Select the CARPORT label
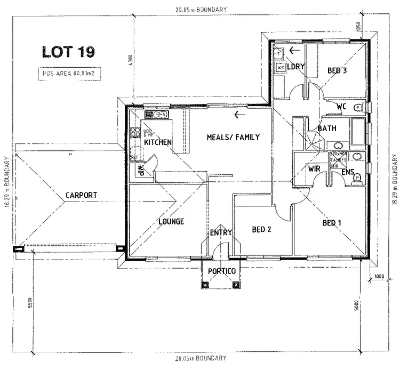pos(81,196)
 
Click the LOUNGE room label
pos(171,221)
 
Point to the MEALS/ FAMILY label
pos(233,138)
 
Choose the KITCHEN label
pos(157,142)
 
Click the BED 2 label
pos(262,229)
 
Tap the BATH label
pos(326,129)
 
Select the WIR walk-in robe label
pos(314,170)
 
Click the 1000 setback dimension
pos(379,276)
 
